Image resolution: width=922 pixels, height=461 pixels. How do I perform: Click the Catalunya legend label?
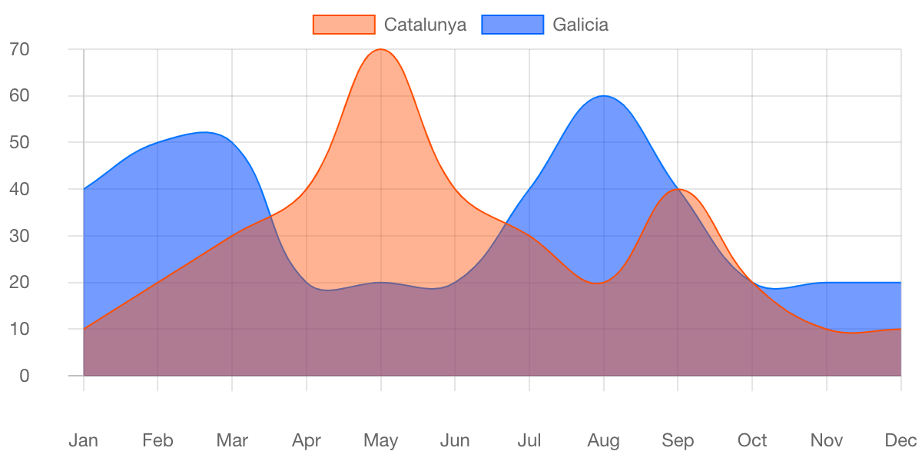(425, 25)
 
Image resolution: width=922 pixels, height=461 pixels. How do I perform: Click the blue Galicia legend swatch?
(512, 25)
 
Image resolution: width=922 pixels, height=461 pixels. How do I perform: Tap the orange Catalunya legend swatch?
(343, 25)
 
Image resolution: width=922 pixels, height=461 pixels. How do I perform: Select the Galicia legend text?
(580, 25)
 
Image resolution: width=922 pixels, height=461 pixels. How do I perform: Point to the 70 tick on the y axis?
(19, 49)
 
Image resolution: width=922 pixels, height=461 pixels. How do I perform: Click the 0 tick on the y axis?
(25, 376)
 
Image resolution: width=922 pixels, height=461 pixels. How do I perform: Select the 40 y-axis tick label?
(19, 189)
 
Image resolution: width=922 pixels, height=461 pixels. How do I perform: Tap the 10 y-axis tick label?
(19, 329)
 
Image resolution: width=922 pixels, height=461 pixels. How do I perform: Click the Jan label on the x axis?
(83, 440)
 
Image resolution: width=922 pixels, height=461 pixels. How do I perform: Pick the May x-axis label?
(380, 440)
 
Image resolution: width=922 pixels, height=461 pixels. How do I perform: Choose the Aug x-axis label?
(603, 440)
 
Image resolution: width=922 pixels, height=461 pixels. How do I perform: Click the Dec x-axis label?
(900, 440)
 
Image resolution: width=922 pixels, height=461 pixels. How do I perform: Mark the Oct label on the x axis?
(752, 440)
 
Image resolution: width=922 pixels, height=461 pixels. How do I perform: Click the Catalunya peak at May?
(380, 49)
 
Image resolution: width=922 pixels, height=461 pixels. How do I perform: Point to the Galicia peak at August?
(603, 96)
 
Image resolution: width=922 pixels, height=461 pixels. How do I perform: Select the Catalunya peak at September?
(678, 189)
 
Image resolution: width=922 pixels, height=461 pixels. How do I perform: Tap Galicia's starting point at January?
(84, 189)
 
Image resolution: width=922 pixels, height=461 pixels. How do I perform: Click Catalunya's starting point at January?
(84, 329)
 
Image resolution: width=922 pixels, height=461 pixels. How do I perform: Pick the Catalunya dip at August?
(603, 282)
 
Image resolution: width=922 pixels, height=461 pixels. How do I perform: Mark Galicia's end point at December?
(900, 282)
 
